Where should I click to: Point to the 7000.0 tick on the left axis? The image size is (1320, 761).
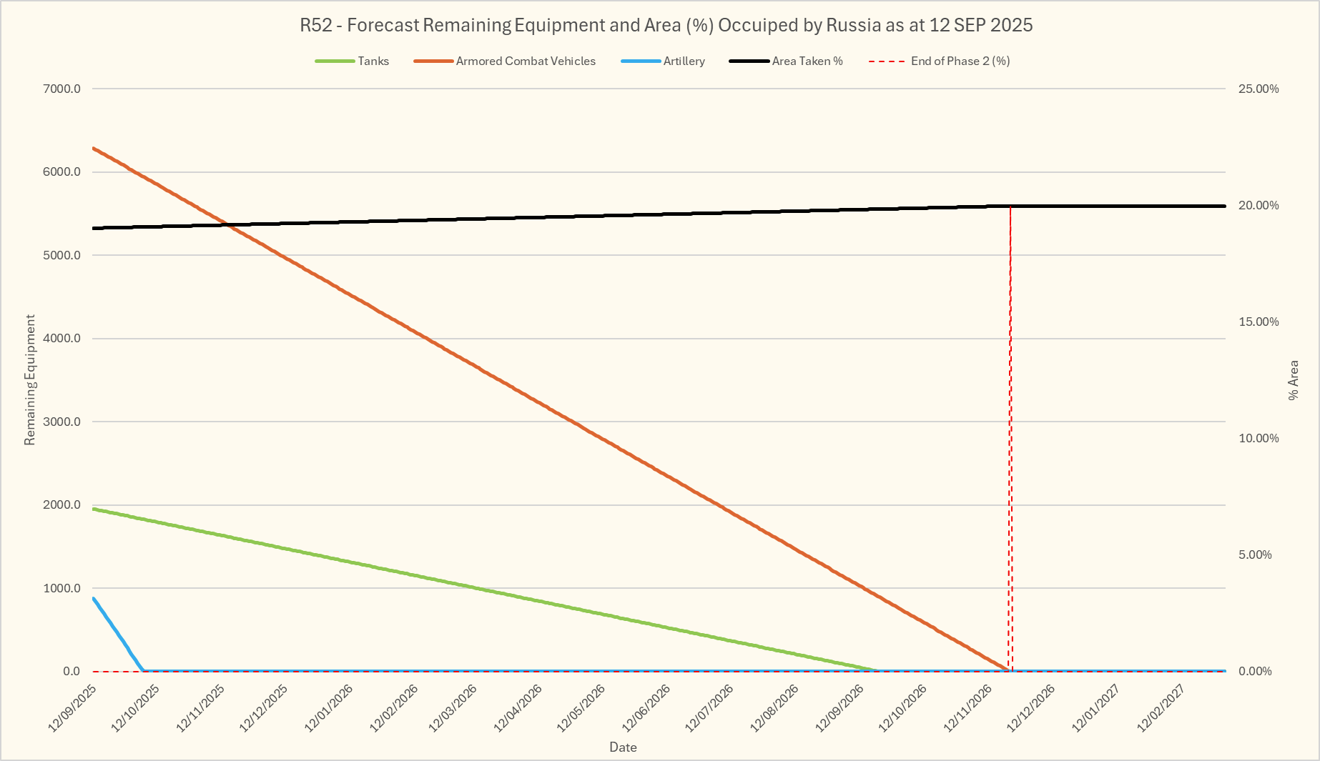pyautogui.click(x=62, y=89)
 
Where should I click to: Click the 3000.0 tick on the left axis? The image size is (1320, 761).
pyautogui.click(x=62, y=422)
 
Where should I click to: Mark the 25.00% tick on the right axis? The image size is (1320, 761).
pyautogui.click(x=1259, y=89)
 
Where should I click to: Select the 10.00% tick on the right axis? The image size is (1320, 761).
pyautogui.click(x=1259, y=439)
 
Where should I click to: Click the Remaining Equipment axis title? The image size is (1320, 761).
pyautogui.click(x=30, y=380)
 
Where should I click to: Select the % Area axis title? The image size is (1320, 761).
pyautogui.click(x=1293, y=380)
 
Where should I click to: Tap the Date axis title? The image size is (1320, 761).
pyautogui.click(x=623, y=747)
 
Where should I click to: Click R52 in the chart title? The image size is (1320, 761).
pyautogui.click(x=316, y=26)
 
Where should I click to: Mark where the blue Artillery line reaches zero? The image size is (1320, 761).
pyautogui.click(x=144, y=671)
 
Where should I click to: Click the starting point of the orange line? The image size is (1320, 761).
pyautogui.click(x=94, y=148)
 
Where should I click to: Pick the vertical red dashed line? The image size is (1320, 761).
pyautogui.click(x=1010, y=429)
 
